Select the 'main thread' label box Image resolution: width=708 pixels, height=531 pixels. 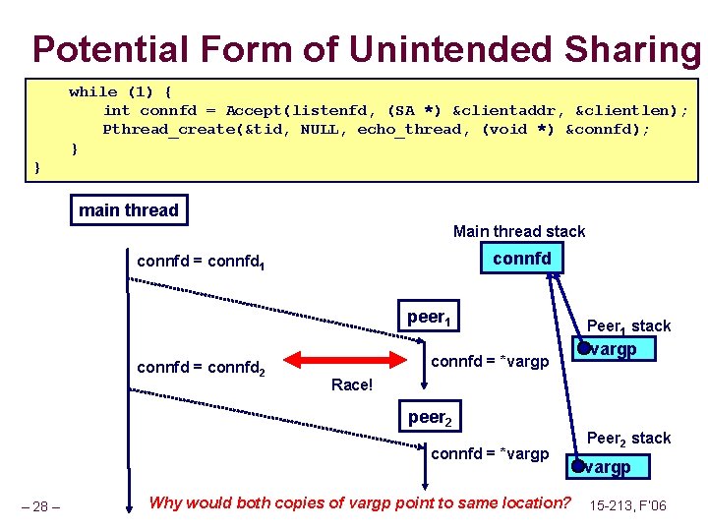point(129,209)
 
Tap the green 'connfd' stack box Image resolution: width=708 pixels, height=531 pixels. point(521,258)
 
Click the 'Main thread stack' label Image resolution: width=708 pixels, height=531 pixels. point(518,231)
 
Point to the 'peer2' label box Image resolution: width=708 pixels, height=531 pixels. point(429,418)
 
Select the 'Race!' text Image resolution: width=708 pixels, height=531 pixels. point(352,385)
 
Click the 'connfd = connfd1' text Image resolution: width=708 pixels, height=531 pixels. point(202,263)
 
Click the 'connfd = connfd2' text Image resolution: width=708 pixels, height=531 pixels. point(202,368)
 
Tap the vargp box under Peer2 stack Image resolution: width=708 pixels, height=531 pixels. point(607,467)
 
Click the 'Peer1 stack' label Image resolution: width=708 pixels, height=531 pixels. point(628,325)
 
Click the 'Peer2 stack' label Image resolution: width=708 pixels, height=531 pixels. point(628,439)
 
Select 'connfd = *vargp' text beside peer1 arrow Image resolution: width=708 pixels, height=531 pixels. point(490,362)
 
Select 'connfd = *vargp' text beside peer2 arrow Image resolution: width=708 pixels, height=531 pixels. point(490,453)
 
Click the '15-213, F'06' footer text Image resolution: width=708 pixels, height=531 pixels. point(627,505)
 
